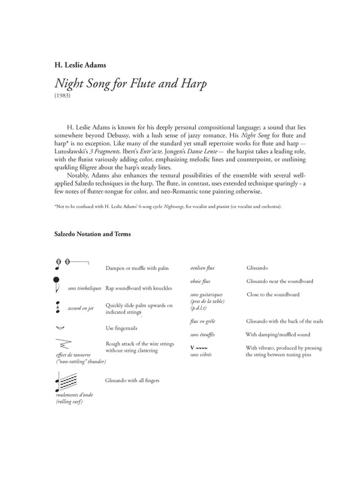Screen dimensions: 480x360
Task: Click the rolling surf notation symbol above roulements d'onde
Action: pyautogui.click(x=64, y=381)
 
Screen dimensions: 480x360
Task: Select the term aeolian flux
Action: pyautogui.click(x=203, y=268)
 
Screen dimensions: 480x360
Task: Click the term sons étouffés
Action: pyautogui.click(x=205, y=334)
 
